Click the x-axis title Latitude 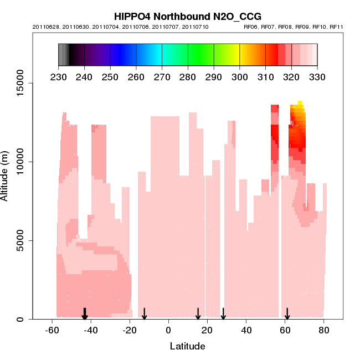click(x=187, y=347)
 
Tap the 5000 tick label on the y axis click(x=20, y=240)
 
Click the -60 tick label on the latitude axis click(x=52, y=330)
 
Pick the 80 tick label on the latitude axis click(x=324, y=330)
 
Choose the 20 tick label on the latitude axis click(x=207, y=330)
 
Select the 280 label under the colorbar click(x=188, y=77)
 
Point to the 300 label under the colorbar click(x=240, y=77)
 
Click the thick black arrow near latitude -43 click(x=85, y=314)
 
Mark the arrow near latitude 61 click(x=287, y=314)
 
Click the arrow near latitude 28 click(x=223, y=314)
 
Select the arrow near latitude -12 click(x=145, y=314)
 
